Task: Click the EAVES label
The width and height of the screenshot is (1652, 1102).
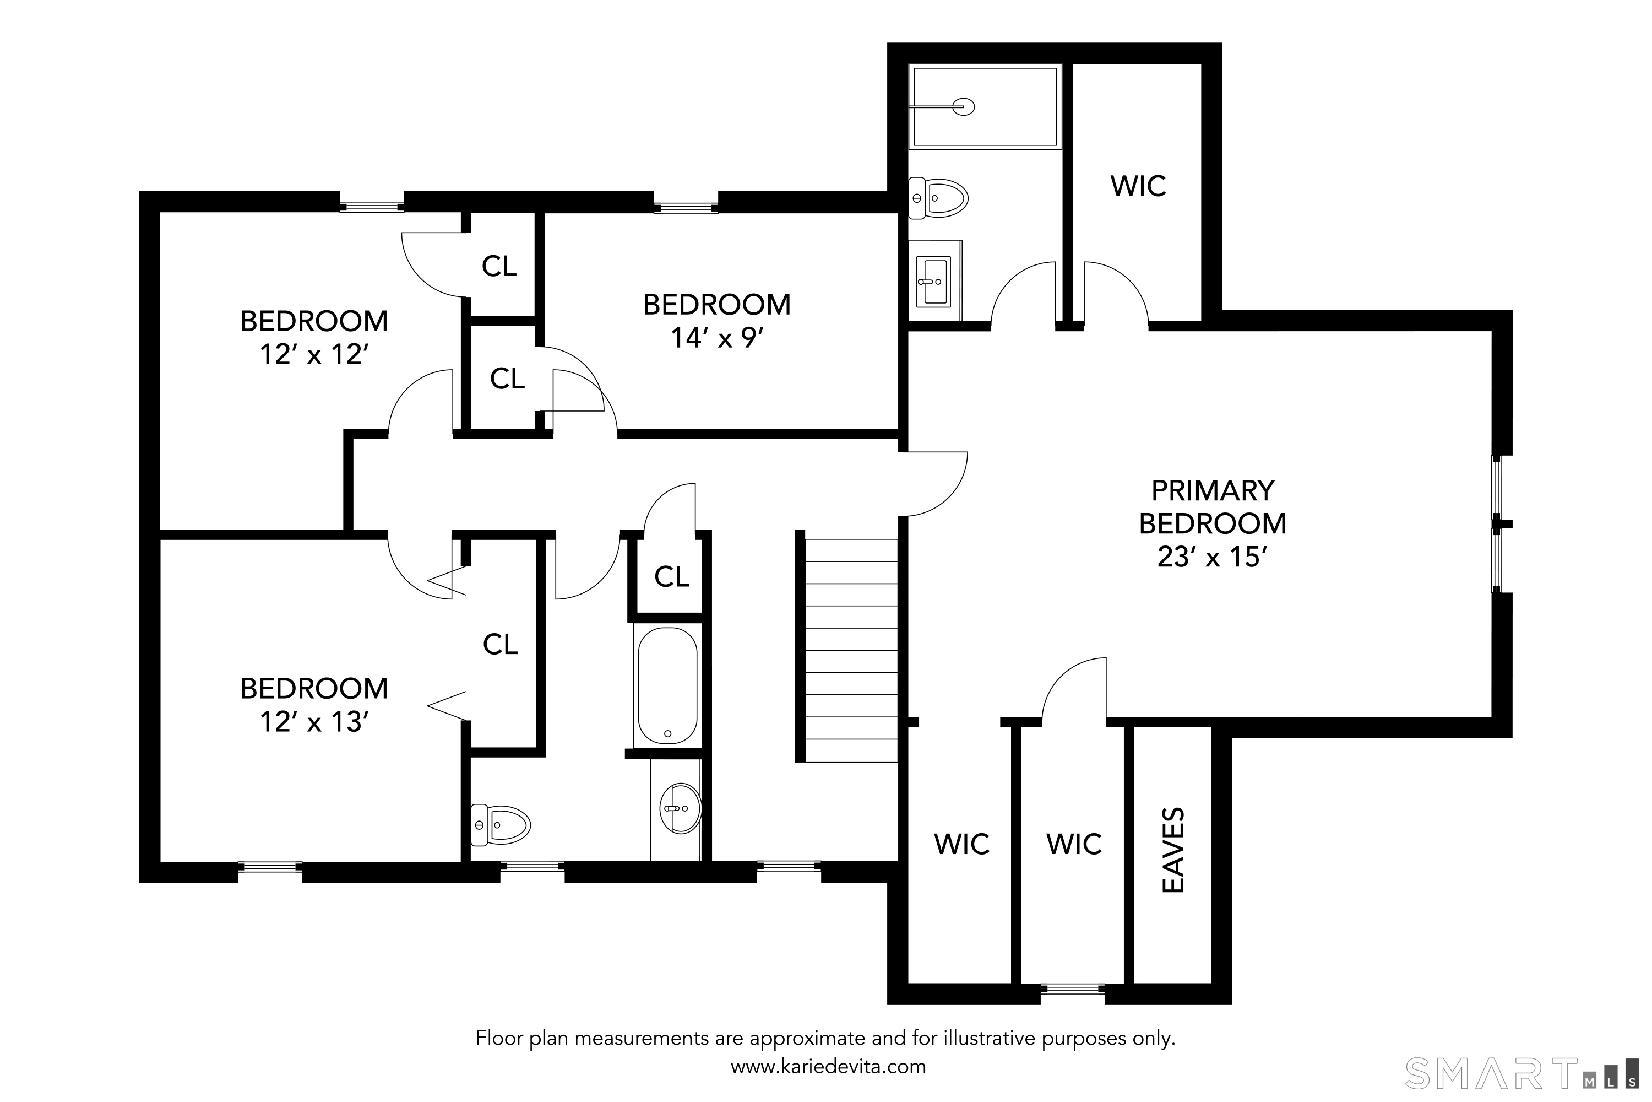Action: pyautogui.click(x=1173, y=850)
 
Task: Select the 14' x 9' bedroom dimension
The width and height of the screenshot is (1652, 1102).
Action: pyautogui.click(x=716, y=338)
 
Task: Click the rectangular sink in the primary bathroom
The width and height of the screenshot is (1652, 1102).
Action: pyautogui.click(x=933, y=282)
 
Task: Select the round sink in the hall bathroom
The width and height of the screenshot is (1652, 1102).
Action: pyautogui.click(x=680, y=808)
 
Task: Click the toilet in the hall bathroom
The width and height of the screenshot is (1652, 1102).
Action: pyautogui.click(x=500, y=824)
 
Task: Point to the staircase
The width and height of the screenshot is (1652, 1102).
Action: pyautogui.click(x=850, y=650)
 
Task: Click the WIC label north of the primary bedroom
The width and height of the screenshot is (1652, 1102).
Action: pyautogui.click(x=1138, y=186)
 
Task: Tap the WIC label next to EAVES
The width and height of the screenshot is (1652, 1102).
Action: pyautogui.click(x=1074, y=844)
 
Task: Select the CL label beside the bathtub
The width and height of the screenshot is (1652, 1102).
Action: pyautogui.click(x=671, y=577)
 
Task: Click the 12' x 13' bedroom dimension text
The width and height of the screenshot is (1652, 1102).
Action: pyautogui.click(x=314, y=722)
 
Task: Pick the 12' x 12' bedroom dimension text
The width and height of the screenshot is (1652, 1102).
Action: pyautogui.click(x=314, y=354)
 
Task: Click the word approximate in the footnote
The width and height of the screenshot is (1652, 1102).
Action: pyautogui.click(x=808, y=1038)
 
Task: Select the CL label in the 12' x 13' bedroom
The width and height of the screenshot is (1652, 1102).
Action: pyautogui.click(x=500, y=644)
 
